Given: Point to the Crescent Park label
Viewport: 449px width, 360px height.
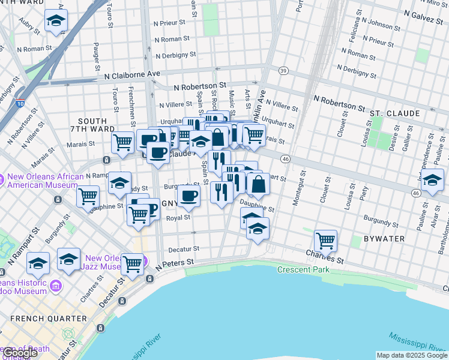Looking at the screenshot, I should coord(303,269).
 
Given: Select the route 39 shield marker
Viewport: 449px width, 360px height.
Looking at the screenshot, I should coord(284,71).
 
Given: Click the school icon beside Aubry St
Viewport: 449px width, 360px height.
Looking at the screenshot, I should coord(56,22).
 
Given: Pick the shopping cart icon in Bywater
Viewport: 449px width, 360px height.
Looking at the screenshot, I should coord(325,241).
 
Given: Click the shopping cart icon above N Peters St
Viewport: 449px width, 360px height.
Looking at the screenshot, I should coord(132,263).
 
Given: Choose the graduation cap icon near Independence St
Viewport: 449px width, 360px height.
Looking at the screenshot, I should coord(432,180).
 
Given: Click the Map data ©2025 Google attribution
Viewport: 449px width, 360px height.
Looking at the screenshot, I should coord(411,355).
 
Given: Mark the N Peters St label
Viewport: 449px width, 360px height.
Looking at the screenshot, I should coord(174,263).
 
